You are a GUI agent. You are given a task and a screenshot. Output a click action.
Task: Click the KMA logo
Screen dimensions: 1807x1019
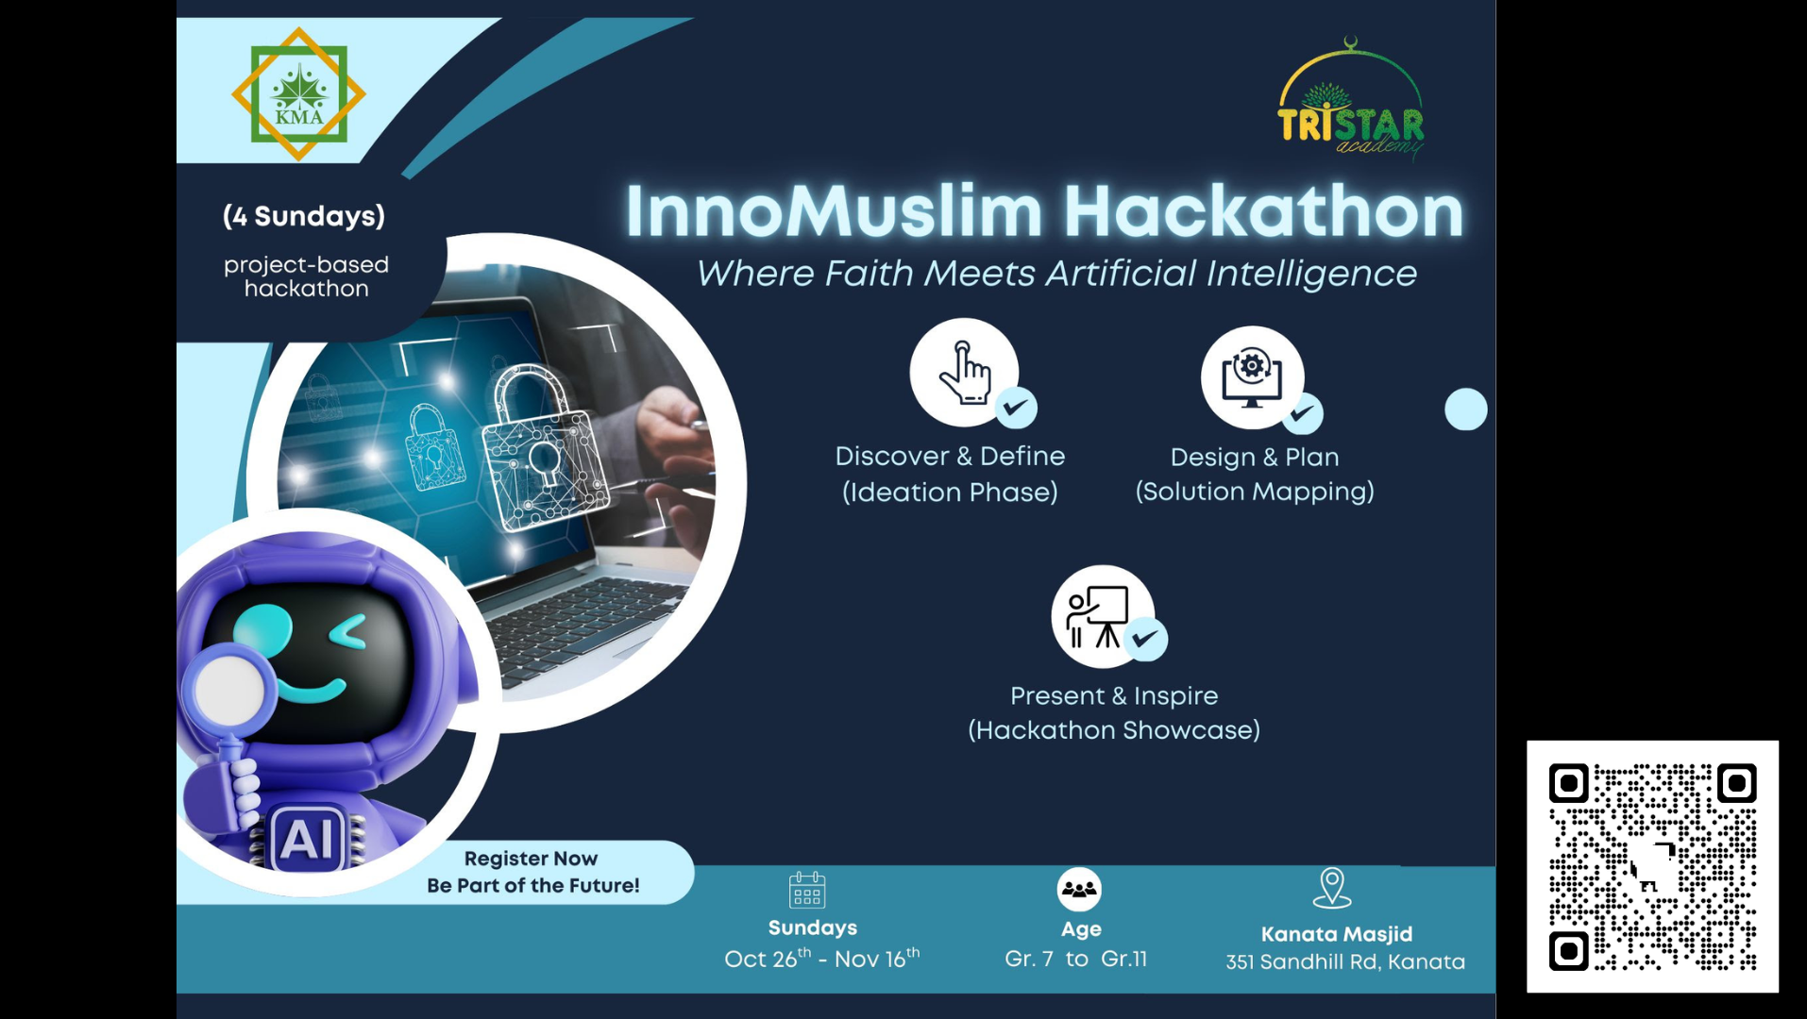[x=298, y=94]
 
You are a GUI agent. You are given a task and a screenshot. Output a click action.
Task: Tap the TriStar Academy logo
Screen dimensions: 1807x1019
[x=1351, y=98]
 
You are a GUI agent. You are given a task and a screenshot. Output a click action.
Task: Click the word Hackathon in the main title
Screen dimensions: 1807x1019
[x=1264, y=211]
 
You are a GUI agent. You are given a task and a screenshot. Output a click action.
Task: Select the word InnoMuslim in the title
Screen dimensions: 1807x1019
[x=834, y=211]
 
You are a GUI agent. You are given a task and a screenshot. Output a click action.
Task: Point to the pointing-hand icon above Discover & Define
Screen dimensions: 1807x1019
[x=965, y=373]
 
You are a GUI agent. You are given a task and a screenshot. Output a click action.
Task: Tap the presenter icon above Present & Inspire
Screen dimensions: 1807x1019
[x=1097, y=616]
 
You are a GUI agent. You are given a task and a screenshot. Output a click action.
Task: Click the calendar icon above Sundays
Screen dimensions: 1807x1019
[x=807, y=889]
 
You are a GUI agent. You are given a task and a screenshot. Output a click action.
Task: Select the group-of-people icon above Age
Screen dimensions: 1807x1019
[x=1079, y=889]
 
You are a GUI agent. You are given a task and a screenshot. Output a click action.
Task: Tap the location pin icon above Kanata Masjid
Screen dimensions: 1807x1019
[x=1332, y=888]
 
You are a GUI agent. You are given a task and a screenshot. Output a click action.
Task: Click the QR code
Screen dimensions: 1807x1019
[x=1653, y=866]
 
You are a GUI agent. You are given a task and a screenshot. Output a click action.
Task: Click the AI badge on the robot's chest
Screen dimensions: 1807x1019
[x=307, y=838]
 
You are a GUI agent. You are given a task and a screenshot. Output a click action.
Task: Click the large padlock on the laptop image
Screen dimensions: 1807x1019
[x=545, y=448]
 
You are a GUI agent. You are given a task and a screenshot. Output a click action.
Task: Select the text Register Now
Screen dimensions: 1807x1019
[x=531, y=859]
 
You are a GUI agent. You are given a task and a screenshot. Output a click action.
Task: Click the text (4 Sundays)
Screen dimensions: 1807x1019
[x=304, y=216]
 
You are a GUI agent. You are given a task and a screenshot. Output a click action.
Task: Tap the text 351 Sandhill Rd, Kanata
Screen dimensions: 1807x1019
[x=1345, y=961]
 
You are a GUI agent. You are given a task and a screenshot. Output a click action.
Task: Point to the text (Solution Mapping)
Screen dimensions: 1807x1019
[x=1255, y=492]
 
